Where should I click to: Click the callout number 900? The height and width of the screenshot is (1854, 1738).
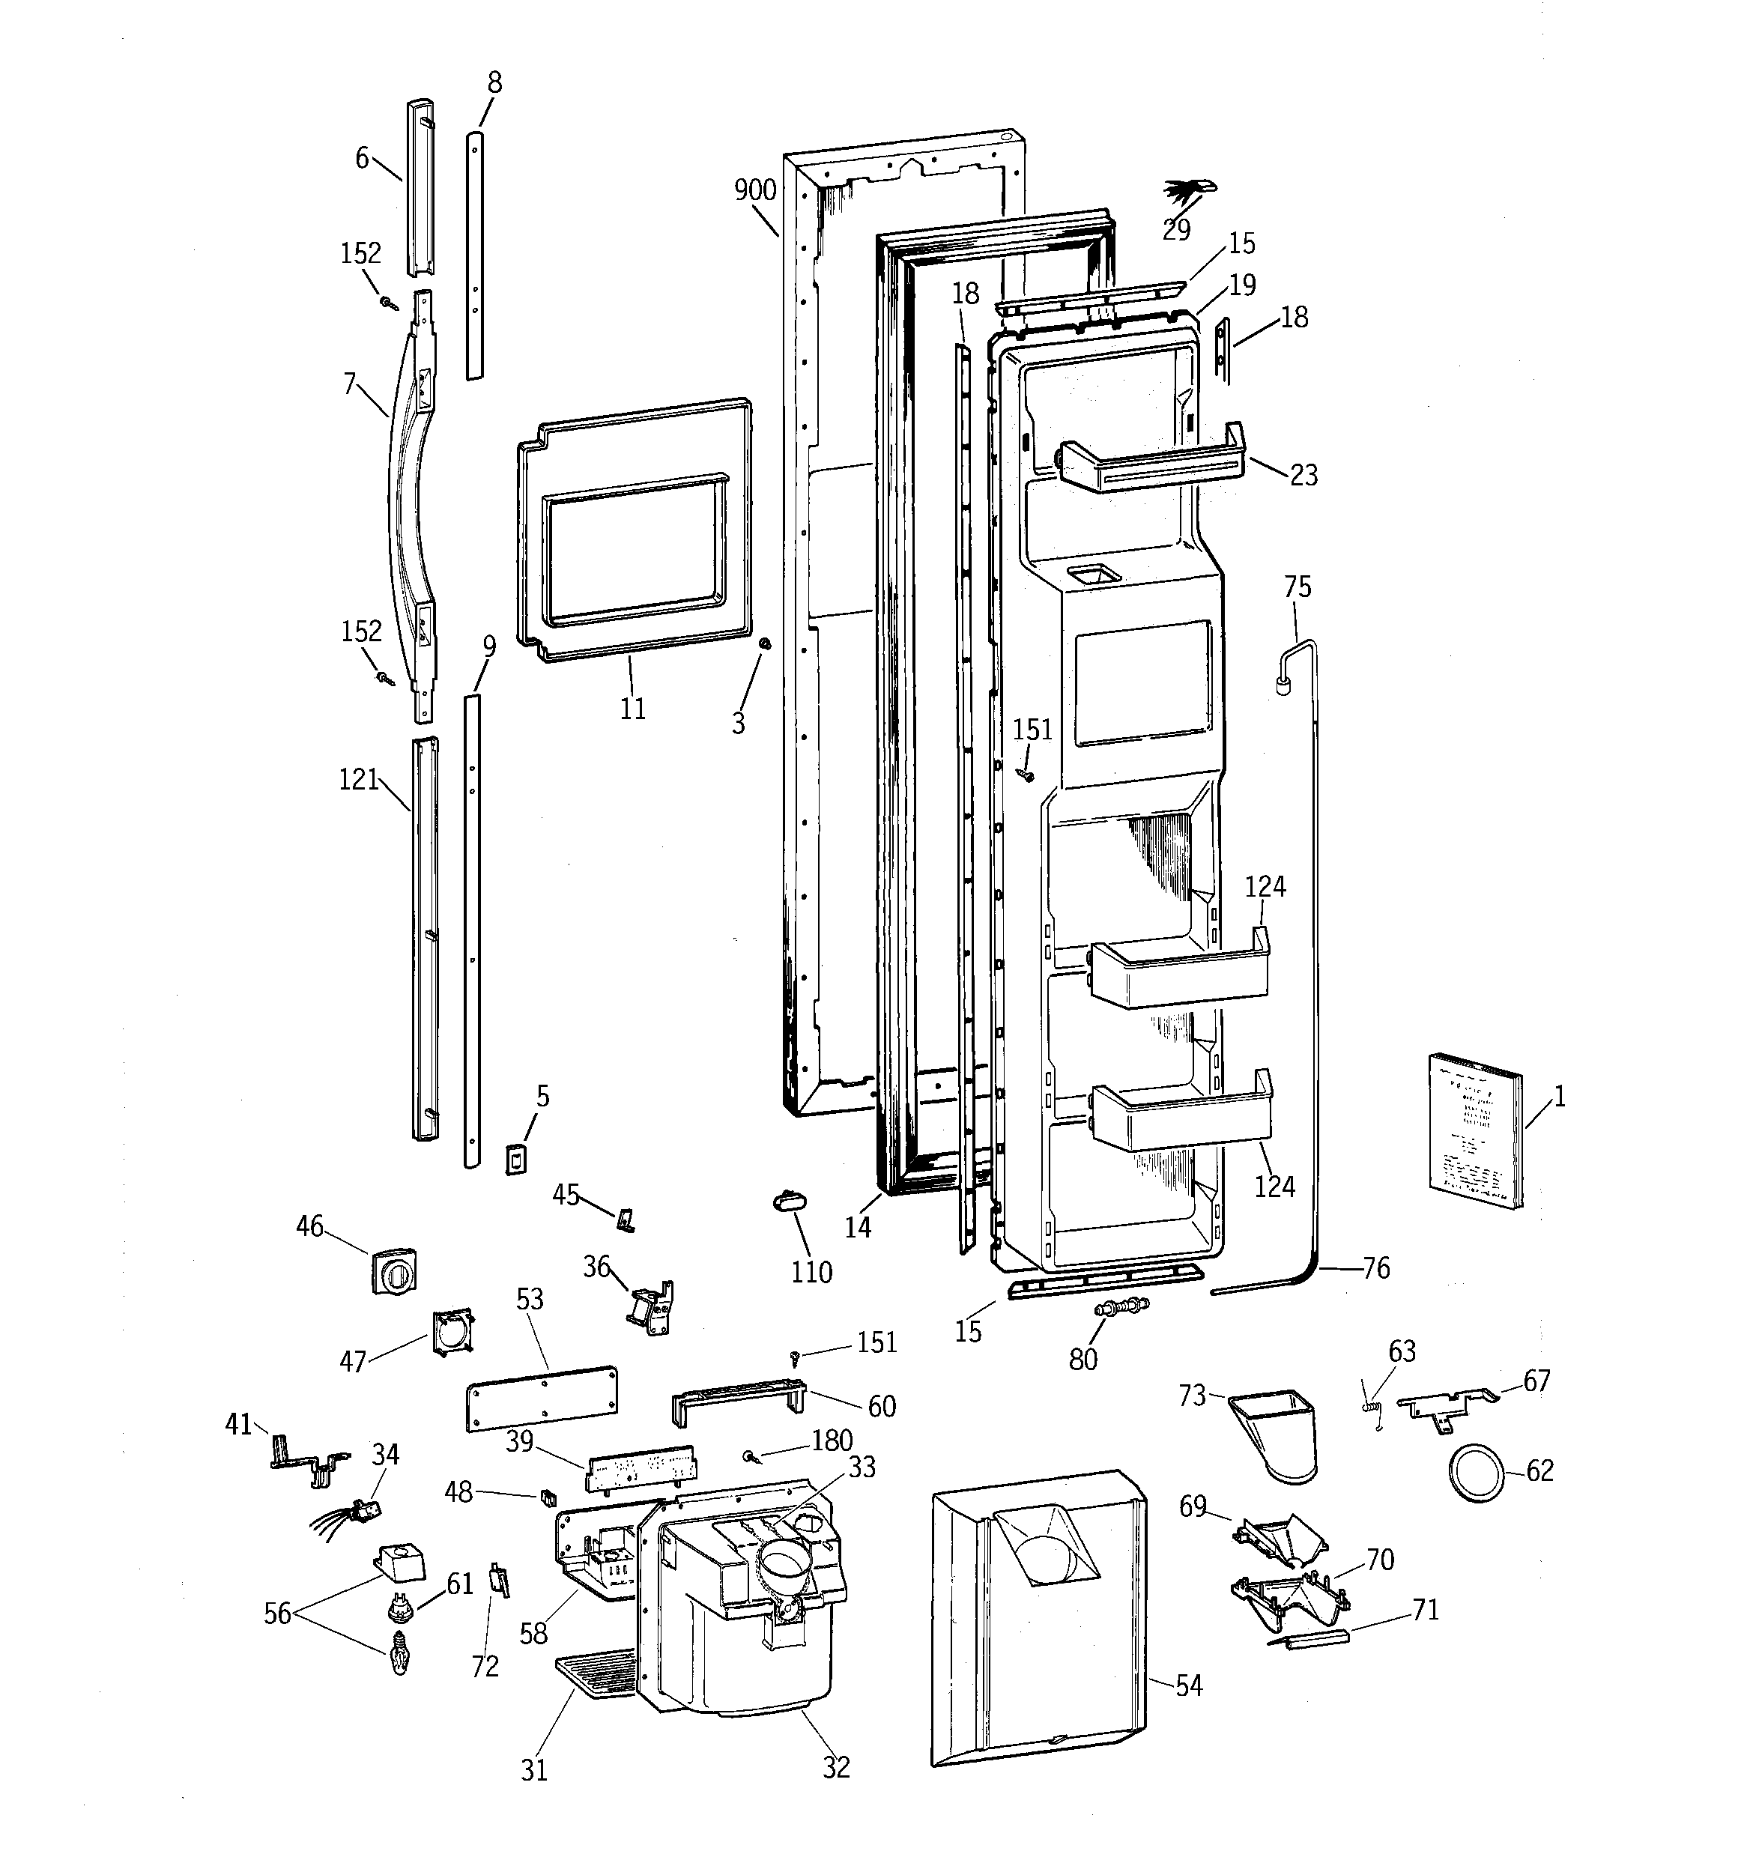click(x=754, y=190)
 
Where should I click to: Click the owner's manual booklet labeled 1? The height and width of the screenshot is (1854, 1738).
click(x=1474, y=1130)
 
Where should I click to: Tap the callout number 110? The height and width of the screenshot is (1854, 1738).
click(x=811, y=1272)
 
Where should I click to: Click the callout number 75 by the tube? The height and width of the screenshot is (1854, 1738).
click(x=1297, y=587)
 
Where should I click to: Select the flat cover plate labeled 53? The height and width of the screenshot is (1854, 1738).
click(x=541, y=1398)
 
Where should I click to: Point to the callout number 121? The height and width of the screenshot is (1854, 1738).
click(x=358, y=780)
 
